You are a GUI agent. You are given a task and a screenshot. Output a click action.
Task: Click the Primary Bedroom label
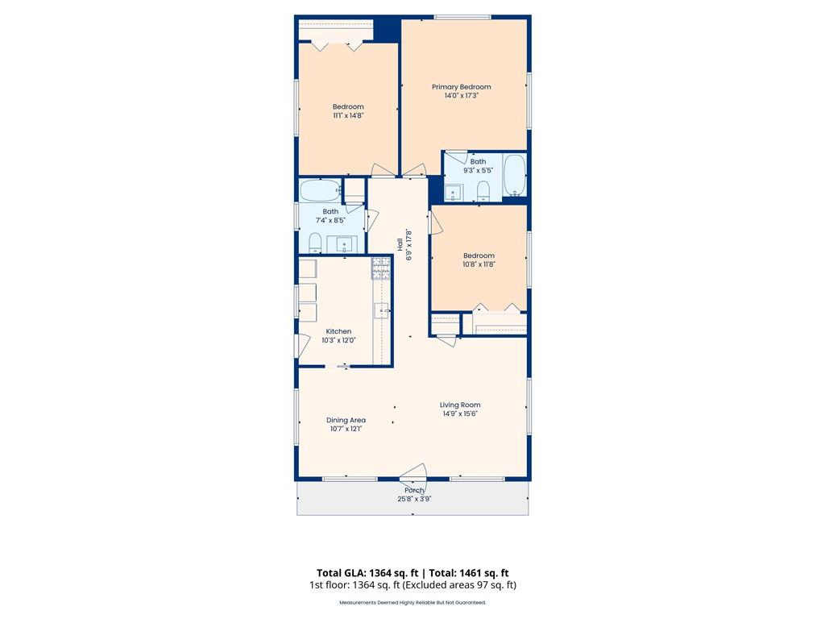click(461, 87)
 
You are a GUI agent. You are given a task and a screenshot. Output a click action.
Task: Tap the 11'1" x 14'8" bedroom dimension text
click(348, 115)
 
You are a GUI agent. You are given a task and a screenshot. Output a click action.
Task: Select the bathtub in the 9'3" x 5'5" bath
click(515, 175)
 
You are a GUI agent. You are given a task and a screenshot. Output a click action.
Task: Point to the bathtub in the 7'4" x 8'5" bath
click(320, 190)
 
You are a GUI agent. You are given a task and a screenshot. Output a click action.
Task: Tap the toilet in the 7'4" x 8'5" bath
click(315, 242)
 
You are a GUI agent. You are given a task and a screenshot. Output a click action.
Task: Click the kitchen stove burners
click(381, 268)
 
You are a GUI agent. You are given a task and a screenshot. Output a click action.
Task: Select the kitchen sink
click(381, 310)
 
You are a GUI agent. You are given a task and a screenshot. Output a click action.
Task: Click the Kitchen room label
click(338, 331)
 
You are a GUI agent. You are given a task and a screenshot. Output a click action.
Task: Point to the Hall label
click(400, 243)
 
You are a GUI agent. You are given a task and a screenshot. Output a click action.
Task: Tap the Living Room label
click(460, 405)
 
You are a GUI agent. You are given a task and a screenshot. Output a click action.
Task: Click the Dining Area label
click(346, 420)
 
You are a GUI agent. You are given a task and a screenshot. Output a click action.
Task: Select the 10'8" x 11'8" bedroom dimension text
click(479, 264)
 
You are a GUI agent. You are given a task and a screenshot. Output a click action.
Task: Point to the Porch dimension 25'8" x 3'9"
click(414, 499)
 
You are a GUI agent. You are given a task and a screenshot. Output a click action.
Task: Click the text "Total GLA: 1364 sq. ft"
click(367, 573)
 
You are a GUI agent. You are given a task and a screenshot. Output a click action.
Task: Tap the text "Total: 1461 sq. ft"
click(469, 573)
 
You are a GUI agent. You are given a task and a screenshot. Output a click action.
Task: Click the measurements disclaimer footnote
click(412, 603)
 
